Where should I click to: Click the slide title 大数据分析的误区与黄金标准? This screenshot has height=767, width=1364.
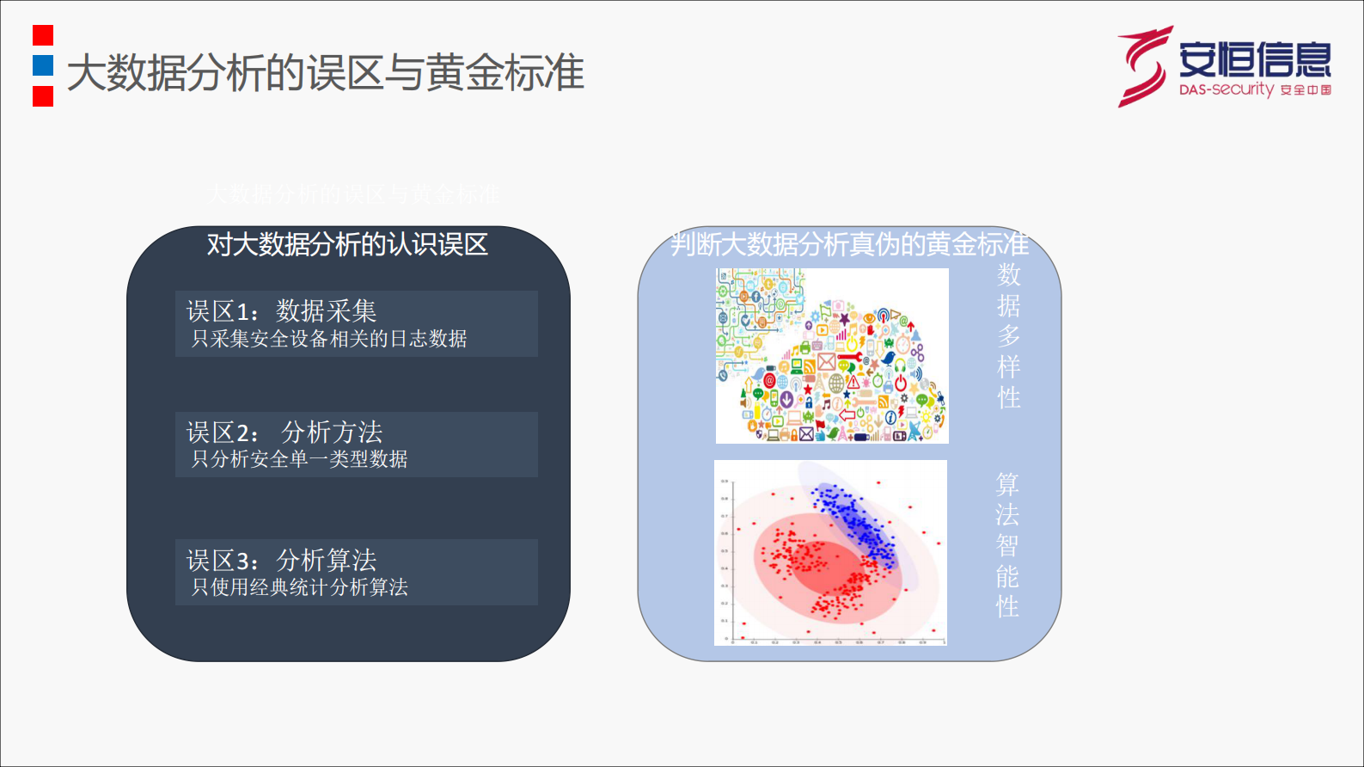coord(325,72)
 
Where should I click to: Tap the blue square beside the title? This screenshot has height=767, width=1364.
coord(43,65)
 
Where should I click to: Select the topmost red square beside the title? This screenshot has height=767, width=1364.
coord(43,35)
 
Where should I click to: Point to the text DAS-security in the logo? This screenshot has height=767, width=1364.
coord(1226,89)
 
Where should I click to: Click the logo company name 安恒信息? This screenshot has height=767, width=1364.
coord(1254,58)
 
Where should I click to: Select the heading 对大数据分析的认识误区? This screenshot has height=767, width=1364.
coord(347,245)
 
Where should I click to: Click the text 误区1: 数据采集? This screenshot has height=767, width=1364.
coord(282,310)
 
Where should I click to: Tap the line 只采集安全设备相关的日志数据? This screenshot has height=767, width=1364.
coord(328,339)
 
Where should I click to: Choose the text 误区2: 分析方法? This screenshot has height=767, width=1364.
coord(284,432)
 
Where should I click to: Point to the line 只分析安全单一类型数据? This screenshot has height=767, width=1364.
coord(299,459)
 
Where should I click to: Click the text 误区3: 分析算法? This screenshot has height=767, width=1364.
coord(282,561)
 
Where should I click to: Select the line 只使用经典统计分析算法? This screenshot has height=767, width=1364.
coord(299,587)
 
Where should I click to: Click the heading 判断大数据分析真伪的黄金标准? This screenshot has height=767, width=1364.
coord(849,244)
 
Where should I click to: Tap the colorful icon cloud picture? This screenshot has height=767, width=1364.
coord(832,356)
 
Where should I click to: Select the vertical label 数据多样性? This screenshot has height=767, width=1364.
coord(1009,336)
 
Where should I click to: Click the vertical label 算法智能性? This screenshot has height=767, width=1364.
coord(1007,545)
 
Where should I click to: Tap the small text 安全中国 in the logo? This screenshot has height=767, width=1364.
coord(1306,90)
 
